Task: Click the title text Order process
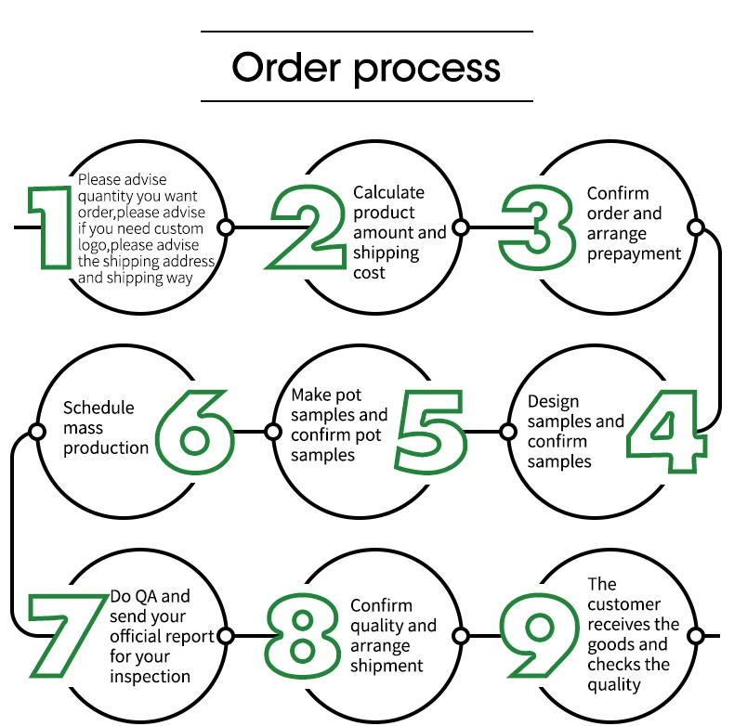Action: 366,68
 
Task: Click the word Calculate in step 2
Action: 388,192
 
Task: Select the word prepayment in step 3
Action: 634,253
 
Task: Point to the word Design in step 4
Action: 553,402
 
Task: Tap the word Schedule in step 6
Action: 98,408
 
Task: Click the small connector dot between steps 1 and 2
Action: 226,227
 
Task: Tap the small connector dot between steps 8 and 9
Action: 460,636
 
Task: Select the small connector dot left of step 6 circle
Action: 37,432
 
